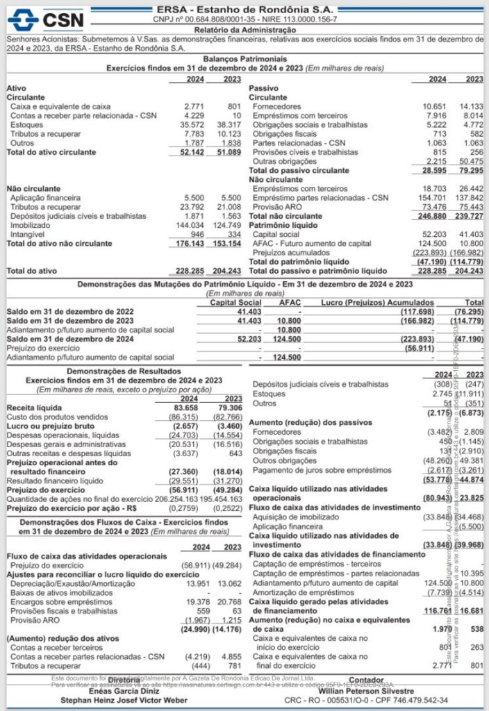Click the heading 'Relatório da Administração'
pyautogui.click(x=244, y=31)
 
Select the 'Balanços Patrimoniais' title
pyautogui.click(x=244, y=60)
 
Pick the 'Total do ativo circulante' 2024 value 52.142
pyautogui.click(x=190, y=151)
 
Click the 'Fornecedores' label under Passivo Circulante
pyautogui.click(x=276, y=106)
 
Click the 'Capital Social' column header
pyautogui.click(x=235, y=303)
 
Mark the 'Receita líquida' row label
pyautogui.click(x=34, y=407)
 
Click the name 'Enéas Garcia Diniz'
pyautogui.click(x=118, y=691)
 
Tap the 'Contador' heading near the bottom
pyautogui.click(x=365, y=681)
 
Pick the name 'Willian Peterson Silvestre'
pyautogui.click(x=365, y=691)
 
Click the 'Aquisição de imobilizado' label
pyautogui.click(x=296, y=517)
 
